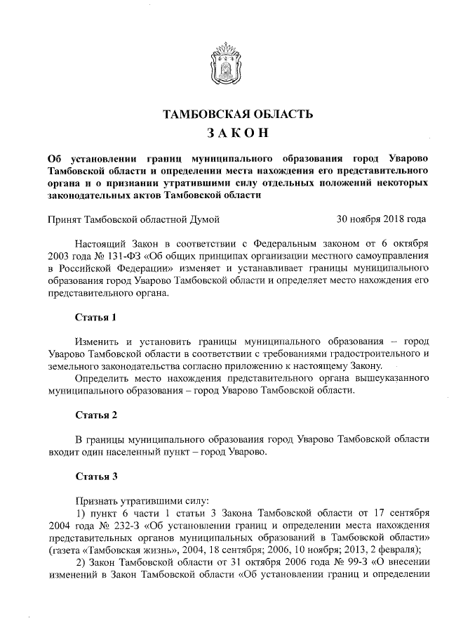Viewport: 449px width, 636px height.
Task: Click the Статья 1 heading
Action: point(95,316)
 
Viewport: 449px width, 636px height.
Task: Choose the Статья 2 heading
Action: point(95,415)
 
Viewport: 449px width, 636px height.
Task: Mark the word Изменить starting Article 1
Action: point(100,341)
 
